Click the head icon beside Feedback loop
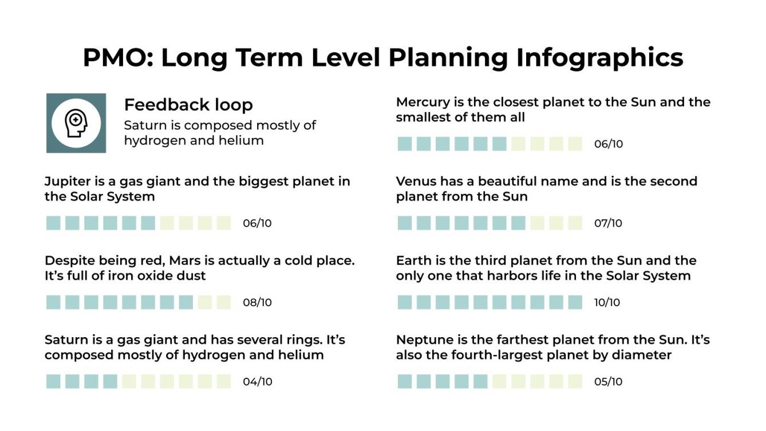76,123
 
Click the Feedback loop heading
188,105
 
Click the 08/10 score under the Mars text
257,302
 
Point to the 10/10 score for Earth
607,302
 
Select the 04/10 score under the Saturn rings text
257,382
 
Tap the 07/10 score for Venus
608,223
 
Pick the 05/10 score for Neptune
608,382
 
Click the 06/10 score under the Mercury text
608,144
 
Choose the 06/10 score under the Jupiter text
257,223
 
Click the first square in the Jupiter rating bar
53,223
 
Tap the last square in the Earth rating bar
575,302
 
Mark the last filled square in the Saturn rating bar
110,382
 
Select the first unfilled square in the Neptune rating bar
499,382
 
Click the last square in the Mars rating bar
224,302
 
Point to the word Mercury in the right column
421,102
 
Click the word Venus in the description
416,181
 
